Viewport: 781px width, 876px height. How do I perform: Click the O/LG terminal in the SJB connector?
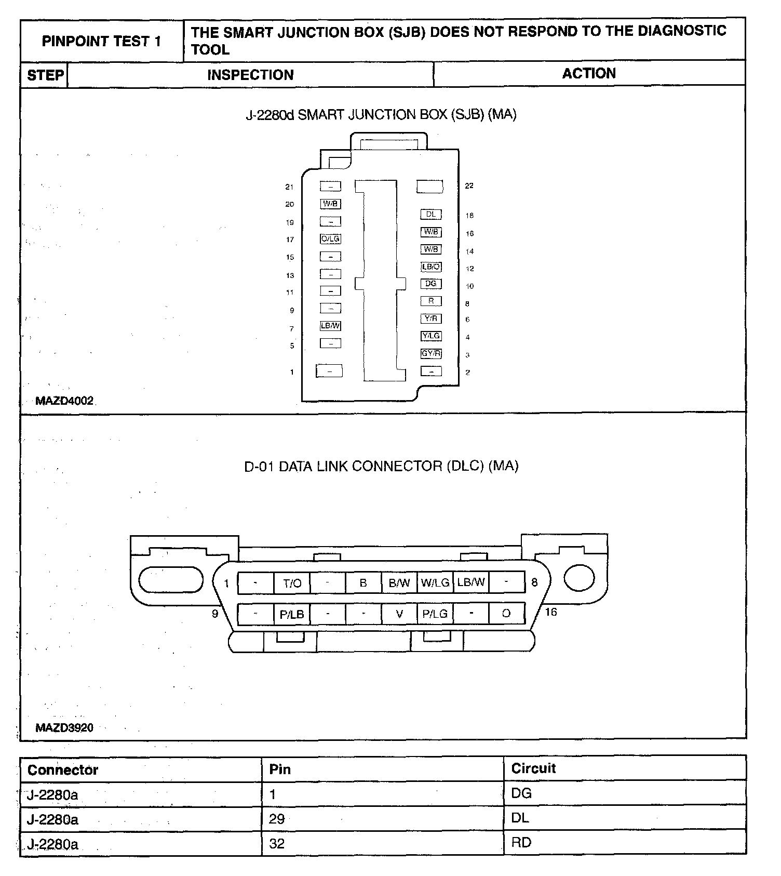330,239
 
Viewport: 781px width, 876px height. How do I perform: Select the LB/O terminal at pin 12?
431,267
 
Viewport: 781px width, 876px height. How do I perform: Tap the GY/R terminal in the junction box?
431,354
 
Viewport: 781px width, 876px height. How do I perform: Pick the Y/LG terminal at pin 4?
431,336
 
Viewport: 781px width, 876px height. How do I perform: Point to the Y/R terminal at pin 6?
431,318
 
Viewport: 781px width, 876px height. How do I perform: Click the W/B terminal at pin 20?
330,204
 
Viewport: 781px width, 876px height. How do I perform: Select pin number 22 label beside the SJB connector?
469,186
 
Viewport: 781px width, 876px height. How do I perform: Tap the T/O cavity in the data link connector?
292,583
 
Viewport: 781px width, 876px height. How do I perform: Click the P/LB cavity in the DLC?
292,615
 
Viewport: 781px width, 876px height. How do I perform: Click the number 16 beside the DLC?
551,612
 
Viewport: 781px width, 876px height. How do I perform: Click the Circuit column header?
533,768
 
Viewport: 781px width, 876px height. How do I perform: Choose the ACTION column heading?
589,74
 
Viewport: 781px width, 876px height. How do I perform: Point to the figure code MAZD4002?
64,401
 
